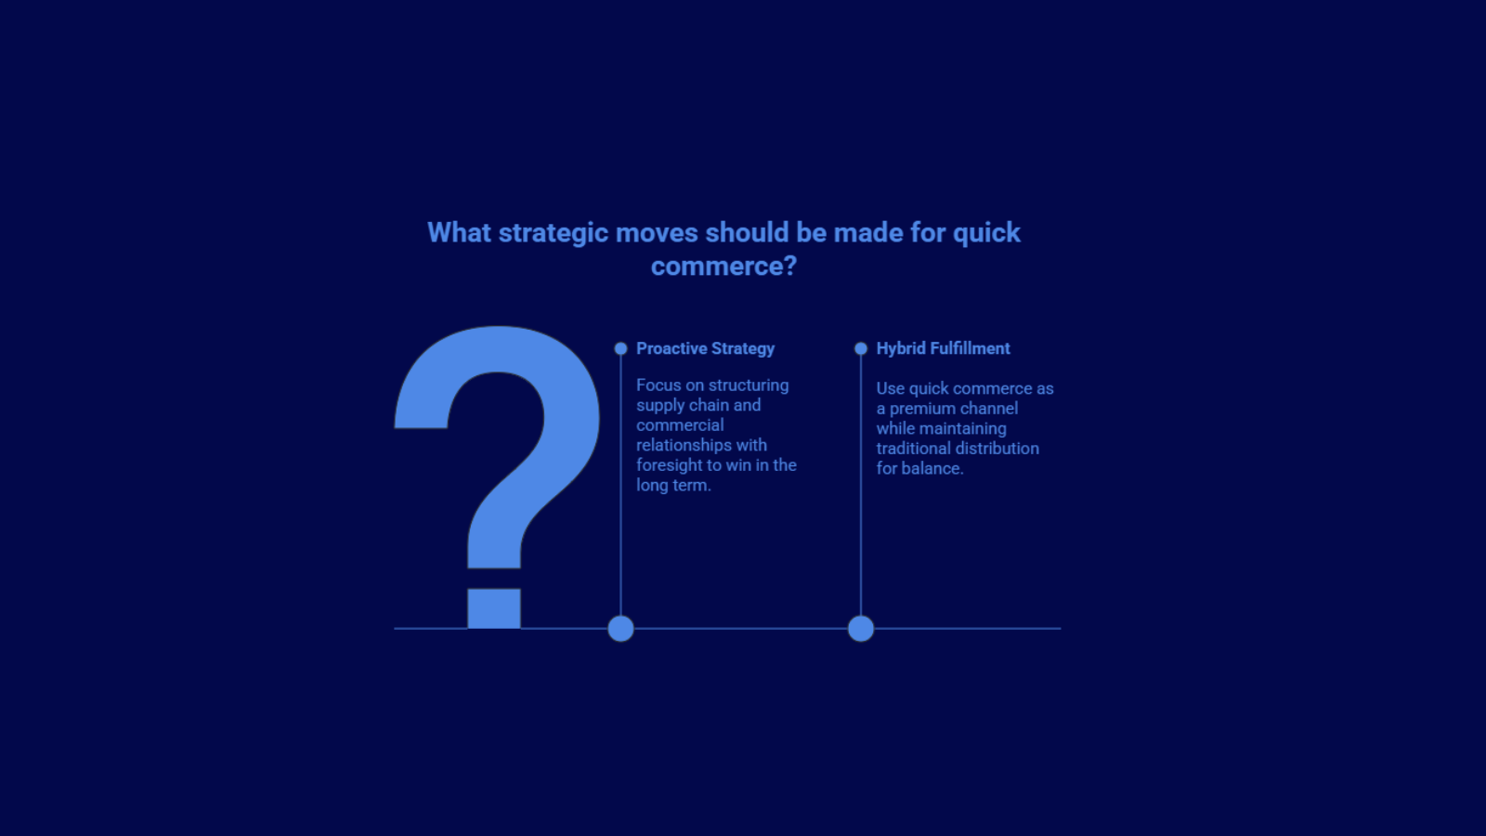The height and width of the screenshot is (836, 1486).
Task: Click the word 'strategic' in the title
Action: [x=553, y=233]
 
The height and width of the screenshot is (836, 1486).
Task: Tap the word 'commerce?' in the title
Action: [x=723, y=267]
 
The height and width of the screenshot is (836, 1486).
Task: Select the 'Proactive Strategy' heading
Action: [x=705, y=348]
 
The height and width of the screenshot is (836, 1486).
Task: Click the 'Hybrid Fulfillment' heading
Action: [x=943, y=348]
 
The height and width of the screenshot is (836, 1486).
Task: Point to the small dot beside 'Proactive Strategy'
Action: [x=620, y=348]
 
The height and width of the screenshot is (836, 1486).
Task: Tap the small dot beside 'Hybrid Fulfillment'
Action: [x=861, y=348]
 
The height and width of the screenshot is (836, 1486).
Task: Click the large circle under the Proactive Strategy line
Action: [x=620, y=629]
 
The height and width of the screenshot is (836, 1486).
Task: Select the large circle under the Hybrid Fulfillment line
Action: [x=861, y=629]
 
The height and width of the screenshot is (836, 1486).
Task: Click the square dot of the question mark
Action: [x=494, y=608]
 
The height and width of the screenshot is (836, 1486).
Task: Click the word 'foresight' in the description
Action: [x=670, y=465]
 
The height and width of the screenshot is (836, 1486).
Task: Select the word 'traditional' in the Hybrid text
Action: [x=916, y=449]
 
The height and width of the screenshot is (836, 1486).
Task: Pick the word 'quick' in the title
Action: [x=986, y=233]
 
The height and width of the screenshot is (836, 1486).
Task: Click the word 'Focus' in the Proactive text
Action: [x=658, y=385]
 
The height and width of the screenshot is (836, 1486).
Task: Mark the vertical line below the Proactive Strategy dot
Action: [x=620, y=483]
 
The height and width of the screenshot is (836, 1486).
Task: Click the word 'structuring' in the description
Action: [x=748, y=385]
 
